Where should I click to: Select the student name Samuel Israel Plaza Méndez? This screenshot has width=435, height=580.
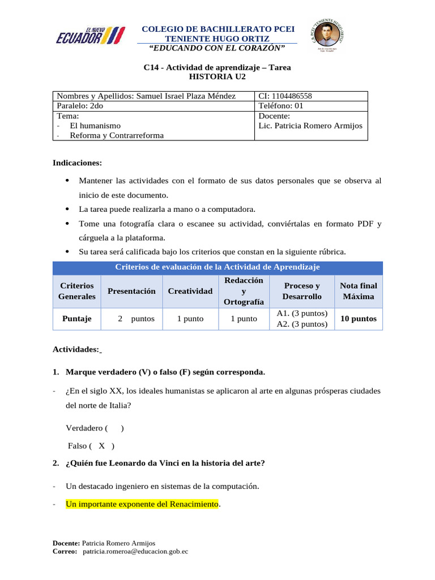pyautogui.click(x=186, y=96)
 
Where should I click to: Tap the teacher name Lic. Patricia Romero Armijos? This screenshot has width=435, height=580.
pyautogui.click(x=309, y=126)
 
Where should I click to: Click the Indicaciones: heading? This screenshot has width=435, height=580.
pyautogui.click(x=78, y=163)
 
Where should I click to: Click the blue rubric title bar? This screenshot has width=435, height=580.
pyautogui.click(x=217, y=267)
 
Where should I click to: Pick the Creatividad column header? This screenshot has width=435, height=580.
pyautogui.click(x=190, y=291)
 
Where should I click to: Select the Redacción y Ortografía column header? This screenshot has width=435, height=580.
pyautogui.click(x=244, y=291)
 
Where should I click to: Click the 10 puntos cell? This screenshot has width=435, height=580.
pyautogui.click(x=358, y=319)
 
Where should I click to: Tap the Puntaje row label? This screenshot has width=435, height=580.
pyautogui.click(x=76, y=319)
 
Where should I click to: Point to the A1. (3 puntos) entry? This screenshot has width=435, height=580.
pyautogui.click(x=302, y=313)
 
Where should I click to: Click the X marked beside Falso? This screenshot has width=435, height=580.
pyautogui.click(x=102, y=446)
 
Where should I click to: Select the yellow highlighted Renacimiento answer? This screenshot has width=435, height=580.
pyautogui.click(x=142, y=503)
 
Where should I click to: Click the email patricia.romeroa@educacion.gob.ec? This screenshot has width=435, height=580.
pyautogui.click(x=135, y=551)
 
